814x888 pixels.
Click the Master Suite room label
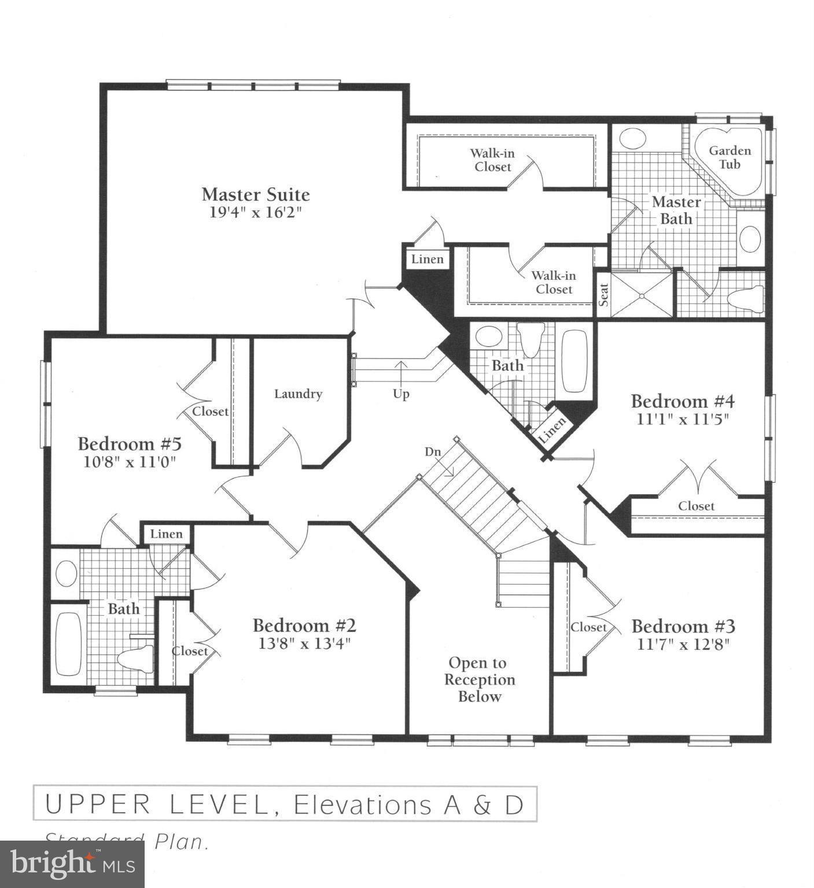pyautogui.click(x=255, y=194)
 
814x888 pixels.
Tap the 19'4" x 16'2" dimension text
pyautogui.click(x=255, y=212)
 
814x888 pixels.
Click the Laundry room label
pyautogui.click(x=298, y=394)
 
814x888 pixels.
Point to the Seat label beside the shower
pyautogui.click(x=603, y=295)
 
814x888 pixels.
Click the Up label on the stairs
pyautogui.click(x=401, y=394)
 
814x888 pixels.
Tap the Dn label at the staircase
pyautogui.click(x=433, y=452)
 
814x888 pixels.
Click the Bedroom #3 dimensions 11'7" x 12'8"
pyautogui.click(x=683, y=645)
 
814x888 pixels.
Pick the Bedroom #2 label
pyautogui.click(x=304, y=626)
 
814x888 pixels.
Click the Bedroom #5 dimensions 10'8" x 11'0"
pyautogui.click(x=129, y=462)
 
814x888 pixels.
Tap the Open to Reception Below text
pyautogui.click(x=479, y=680)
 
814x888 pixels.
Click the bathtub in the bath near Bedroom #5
pyautogui.click(x=68, y=643)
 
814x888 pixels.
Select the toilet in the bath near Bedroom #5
pyautogui.click(x=136, y=660)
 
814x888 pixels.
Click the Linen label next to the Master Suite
pyautogui.click(x=427, y=260)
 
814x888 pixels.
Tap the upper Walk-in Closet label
pyautogui.click(x=492, y=160)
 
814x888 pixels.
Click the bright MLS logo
pyautogui.click(x=72, y=864)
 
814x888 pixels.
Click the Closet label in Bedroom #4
pyautogui.click(x=696, y=506)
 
